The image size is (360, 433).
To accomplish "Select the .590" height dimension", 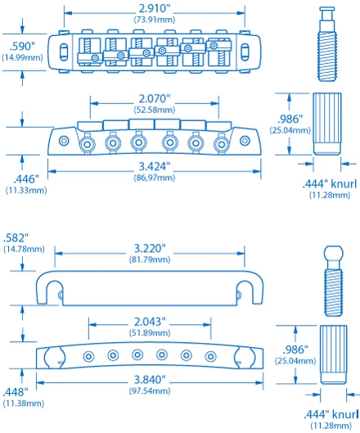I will point(20,46).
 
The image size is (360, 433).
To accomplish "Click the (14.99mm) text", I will point(20,57).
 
